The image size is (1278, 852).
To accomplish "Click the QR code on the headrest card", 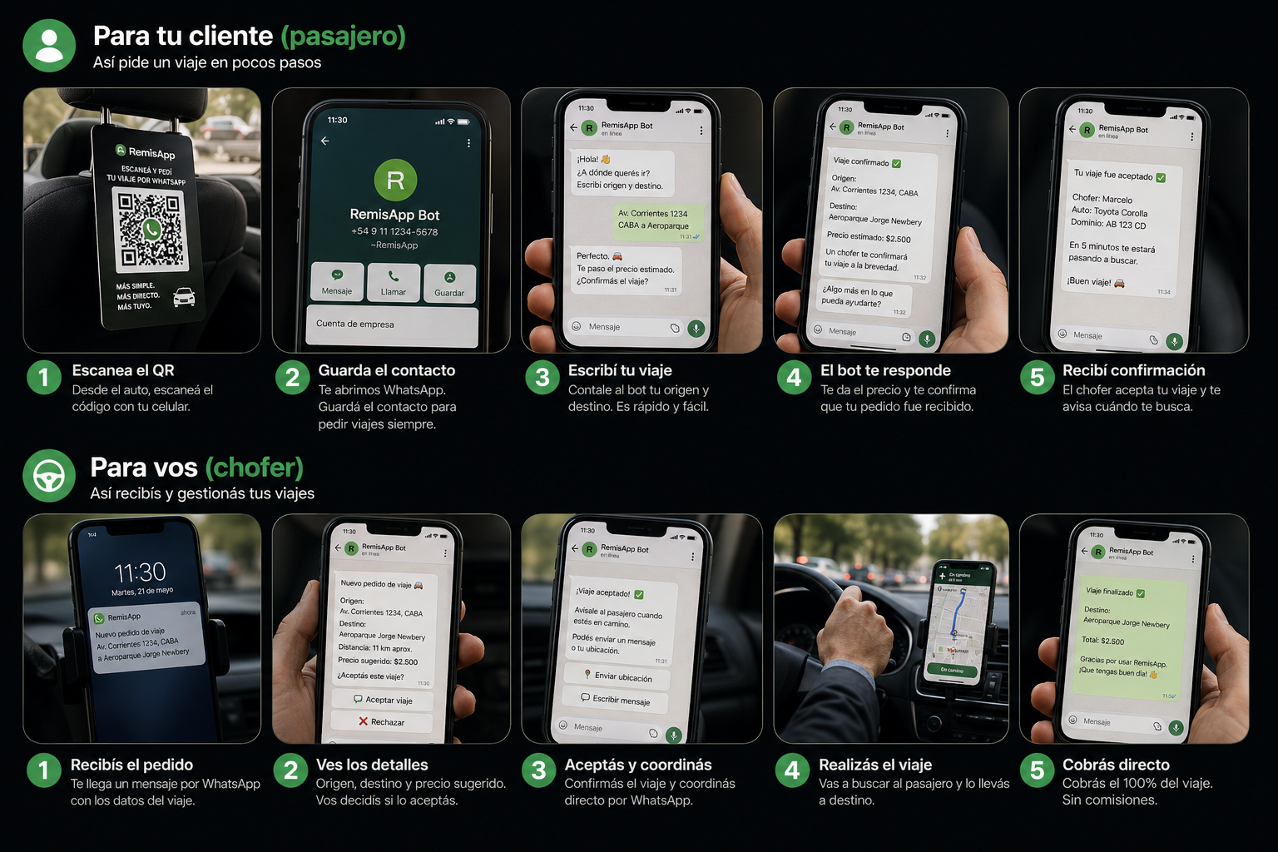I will pyautogui.click(x=150, y=229).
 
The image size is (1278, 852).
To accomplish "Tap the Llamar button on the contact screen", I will pyautogui.click(x=394, y=282).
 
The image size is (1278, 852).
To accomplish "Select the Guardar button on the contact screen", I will pyautogui.click(x=449, y=283).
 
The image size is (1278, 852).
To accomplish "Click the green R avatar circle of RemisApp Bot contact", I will pyautogui.click(x=395, y=181).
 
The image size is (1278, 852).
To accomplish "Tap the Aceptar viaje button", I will pyautogui.click(x=383, y=700).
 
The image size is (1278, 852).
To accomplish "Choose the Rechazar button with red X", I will pyautogui.click(x=382, y=721).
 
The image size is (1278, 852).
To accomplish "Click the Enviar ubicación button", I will pyautogui.click(x=618, y=676).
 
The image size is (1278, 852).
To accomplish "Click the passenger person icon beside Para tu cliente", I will pyautogui.click(x=49, y=46).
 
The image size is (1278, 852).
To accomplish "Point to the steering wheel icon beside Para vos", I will pyautogui.click(x=49, y=476).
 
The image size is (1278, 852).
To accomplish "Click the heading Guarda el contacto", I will pyautogui.click(x=386, y=370).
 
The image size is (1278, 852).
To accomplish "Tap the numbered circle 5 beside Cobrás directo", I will pyautogui.click(x=1037, y=771).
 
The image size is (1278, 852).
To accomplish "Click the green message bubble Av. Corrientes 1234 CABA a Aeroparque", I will pyautogui.click(x=656, y=221).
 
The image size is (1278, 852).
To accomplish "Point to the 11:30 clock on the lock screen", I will pyautogui.click(x=140, y=572).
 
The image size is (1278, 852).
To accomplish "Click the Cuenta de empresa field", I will pyautogui.click(x=392, y=324).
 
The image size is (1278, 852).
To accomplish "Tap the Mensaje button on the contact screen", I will pyautogui.click(x=337, y=282).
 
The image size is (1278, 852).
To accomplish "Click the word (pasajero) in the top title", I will pyautogui.click(x=343, y=36).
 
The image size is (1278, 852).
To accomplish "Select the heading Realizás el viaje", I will pyautogui.click(x=875, y=765).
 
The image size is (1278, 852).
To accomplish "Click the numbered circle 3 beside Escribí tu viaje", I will pyautogui.click(x=542, y=378).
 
